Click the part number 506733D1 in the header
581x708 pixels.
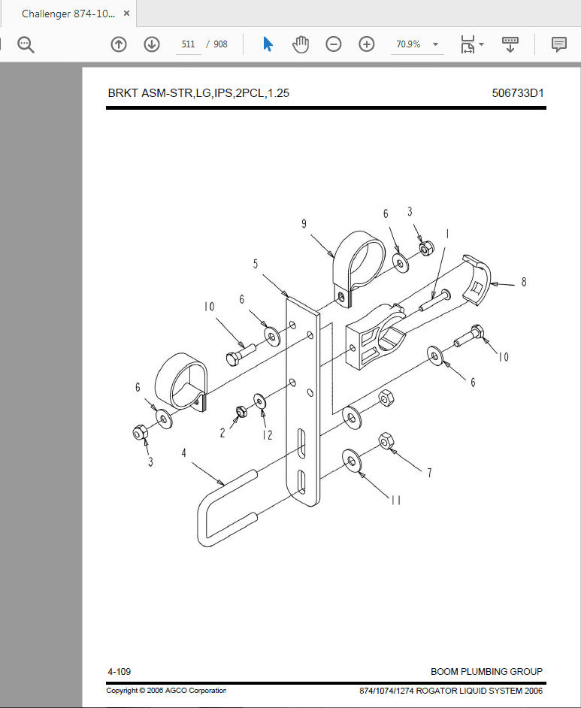(518, 93)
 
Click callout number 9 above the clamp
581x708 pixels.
(304, 223)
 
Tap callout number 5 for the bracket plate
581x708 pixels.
(256, 264)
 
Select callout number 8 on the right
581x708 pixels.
(523, 282)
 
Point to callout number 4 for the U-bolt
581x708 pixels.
(183, 453)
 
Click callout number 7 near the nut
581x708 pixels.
(429, 473)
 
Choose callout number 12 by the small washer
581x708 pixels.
(267, 434)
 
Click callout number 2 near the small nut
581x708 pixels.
(223, 433)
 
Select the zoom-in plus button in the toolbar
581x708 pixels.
(367, 44)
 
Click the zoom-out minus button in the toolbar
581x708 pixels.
(334, 44)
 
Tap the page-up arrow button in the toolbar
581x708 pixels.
(119, 44)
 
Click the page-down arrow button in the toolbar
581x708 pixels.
(152, 44)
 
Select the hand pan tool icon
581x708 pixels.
(301, 44)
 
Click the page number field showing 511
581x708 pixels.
(188, 44)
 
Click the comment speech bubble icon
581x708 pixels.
(558, 44)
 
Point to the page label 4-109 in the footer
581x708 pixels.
(120, 671)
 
